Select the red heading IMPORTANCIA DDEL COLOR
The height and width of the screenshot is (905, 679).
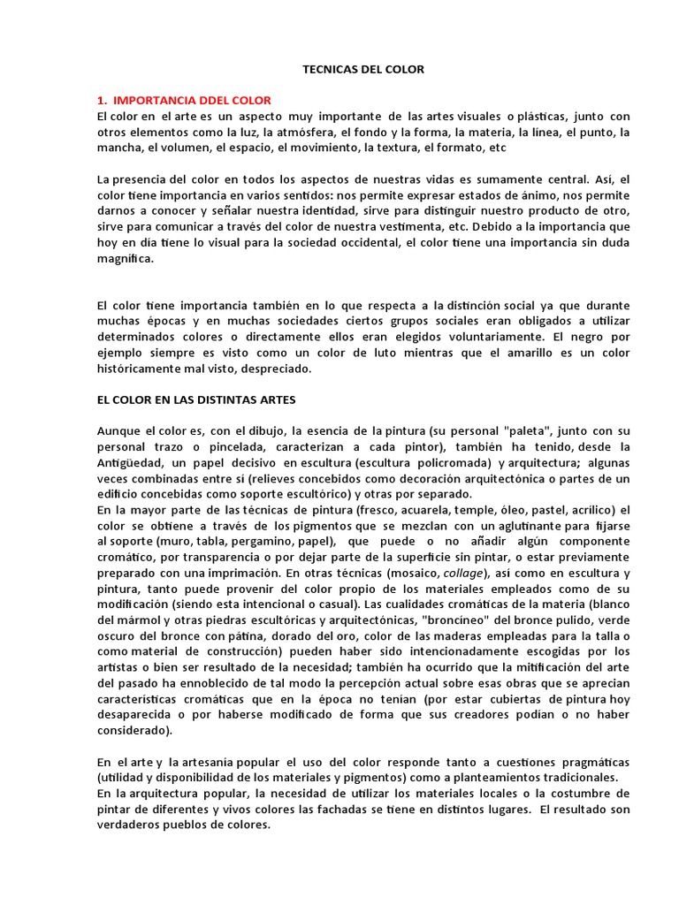click(x=192, y=101)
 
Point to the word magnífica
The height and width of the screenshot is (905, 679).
click(x=126, y=259)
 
